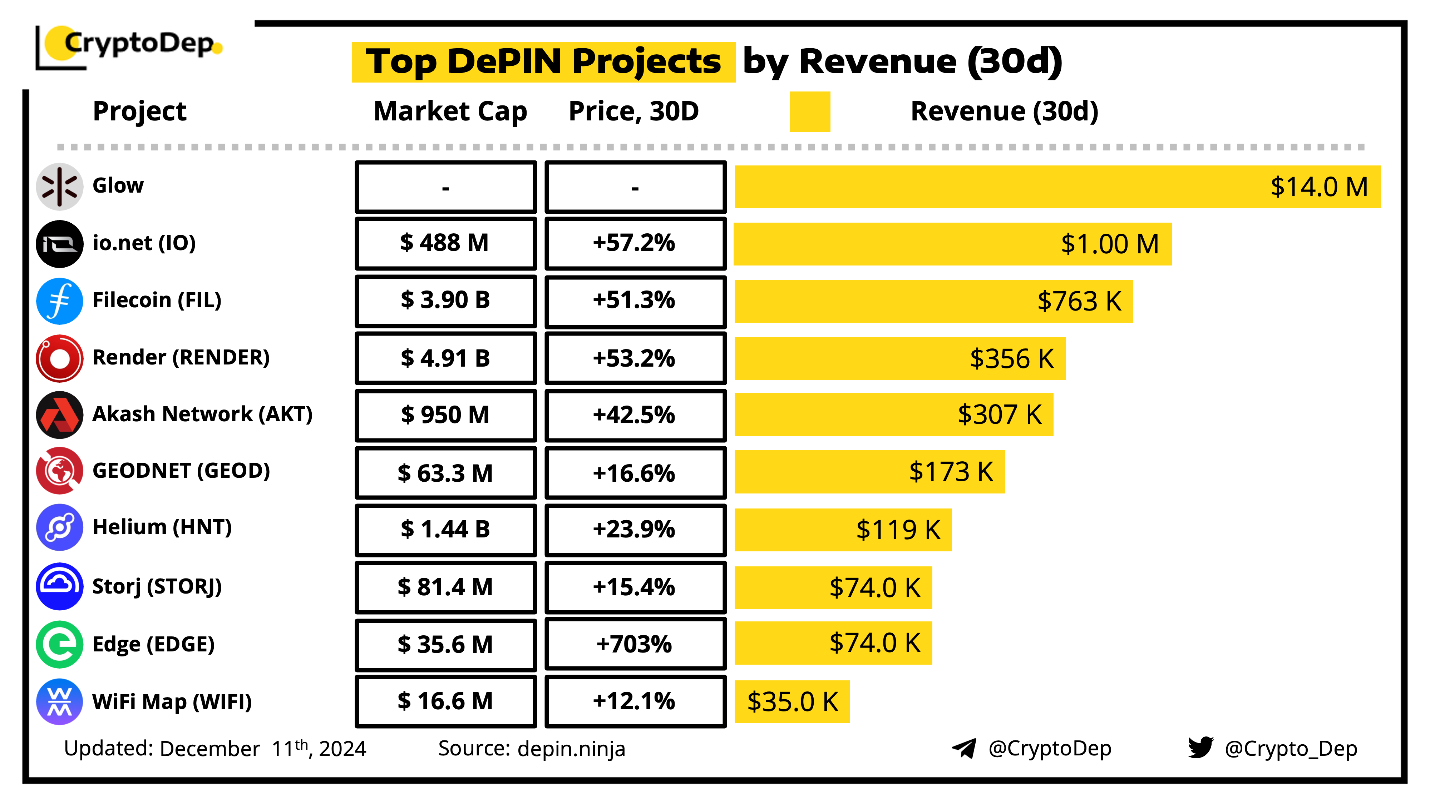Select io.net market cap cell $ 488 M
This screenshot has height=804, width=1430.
[445, 243]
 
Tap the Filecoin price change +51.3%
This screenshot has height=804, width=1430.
[635, 300]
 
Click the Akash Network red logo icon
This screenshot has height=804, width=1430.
[59, 415]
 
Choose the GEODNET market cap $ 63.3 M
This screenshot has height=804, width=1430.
[445, 473]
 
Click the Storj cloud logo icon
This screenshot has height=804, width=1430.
[59, 586]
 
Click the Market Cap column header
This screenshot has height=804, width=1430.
[450, 111]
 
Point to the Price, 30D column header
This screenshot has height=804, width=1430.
[634, 111]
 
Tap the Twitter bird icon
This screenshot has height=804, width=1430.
[1200, 748]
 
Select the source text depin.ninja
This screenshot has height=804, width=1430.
[571, 749]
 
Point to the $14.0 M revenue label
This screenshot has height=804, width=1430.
[1319, 187]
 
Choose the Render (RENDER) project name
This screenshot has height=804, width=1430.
[181, 357]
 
